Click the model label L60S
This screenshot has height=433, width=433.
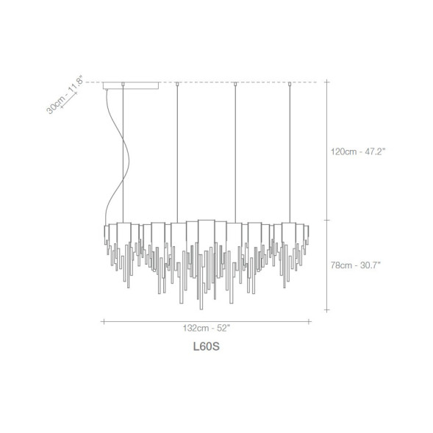207,346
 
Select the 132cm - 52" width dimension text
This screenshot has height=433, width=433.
207,328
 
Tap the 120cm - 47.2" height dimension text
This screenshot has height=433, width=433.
358,151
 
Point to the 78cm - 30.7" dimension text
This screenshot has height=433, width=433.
356,265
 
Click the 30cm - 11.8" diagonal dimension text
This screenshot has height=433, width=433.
65,94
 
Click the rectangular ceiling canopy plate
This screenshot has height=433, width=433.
131,85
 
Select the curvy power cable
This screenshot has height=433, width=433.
118,157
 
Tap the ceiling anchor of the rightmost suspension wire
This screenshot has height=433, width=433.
290,84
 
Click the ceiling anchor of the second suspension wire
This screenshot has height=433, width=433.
177,84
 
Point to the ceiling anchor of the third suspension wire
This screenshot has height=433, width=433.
235,84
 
